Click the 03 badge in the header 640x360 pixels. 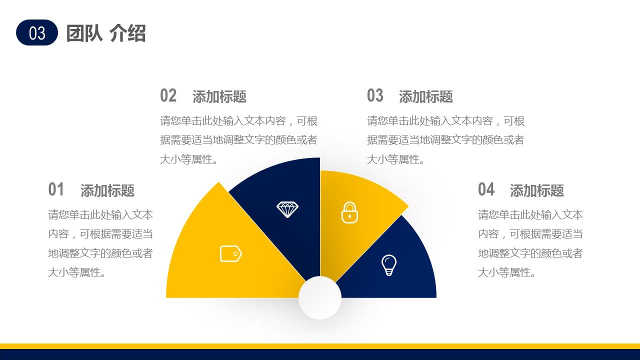[37, 32]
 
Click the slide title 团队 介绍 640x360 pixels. [105, 33]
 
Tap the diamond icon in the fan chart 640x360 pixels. [287, 209]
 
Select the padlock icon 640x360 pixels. [350, 212]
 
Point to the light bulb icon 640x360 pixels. [388, 265]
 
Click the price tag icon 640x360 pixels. [231, 253]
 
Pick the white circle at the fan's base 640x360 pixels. [320, 298]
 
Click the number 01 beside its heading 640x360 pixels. [56, 189]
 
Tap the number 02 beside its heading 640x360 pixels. [168, 95]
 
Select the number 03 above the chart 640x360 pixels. [375, 95]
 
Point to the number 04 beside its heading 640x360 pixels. [486, 189]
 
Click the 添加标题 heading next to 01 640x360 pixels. [107, 190]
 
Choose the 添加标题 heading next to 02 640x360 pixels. [219, 96]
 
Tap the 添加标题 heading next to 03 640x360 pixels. [426, 96]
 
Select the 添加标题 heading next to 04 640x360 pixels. [537, 190]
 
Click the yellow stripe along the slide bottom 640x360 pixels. [320, 346]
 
